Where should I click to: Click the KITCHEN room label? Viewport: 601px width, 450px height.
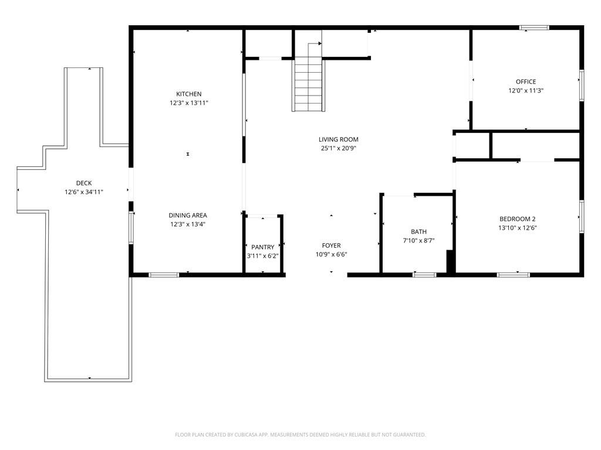tap(188, 94)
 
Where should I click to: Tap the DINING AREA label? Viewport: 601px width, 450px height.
tap(188, 215)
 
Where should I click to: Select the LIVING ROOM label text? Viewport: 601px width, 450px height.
tap(338, 139)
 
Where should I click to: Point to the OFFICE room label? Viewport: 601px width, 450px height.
tap(525, 81)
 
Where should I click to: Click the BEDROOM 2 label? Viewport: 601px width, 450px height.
tap(517, 219)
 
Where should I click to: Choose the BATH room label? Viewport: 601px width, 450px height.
tap(418, 231)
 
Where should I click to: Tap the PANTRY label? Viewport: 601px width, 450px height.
tap(263, 247)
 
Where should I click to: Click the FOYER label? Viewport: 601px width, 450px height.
tap(331, 246)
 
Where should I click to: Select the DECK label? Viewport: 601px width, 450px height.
tap(84, 183)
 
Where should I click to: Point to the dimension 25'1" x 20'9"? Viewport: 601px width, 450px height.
tap(338, 148)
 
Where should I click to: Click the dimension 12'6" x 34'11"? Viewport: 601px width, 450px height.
tap(84, 192)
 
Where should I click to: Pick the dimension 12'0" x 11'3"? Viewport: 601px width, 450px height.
tap(525, 91)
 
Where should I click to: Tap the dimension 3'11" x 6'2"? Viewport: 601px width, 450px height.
tap(263, 256)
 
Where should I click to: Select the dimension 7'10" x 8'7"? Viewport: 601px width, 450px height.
tap(418, 240)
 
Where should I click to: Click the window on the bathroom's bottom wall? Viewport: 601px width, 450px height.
tap(424, 274)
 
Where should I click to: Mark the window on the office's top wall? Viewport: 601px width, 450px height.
tap(534, 27)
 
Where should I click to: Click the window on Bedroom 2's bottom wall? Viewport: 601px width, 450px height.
tap(514, 274)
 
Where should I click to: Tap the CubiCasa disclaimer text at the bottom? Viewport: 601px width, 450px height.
tap(300, 435)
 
